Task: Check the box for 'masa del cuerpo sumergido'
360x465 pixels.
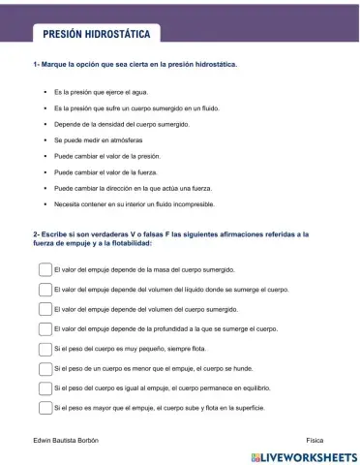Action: coord(45,271)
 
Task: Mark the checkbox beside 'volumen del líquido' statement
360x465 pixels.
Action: coord(45,290)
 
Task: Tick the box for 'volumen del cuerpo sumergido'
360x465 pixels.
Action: coord(45,310)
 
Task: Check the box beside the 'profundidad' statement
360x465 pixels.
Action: coord(45,329)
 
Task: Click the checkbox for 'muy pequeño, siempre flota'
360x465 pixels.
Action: coord(45,349)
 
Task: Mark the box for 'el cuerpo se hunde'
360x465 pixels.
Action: coord(45,369)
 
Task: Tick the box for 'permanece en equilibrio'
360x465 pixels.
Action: coord(45,388)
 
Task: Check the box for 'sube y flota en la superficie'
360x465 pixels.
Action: coord(45,408)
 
